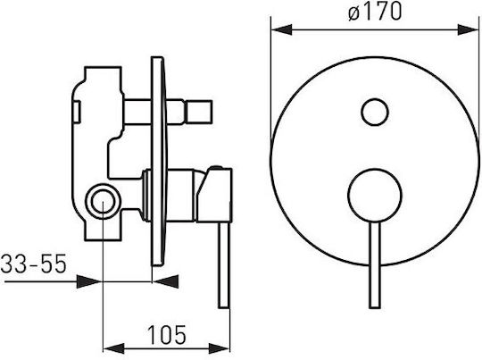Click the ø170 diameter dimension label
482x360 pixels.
click(x=375, y=13)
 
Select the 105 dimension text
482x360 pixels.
click(x=167, y=335)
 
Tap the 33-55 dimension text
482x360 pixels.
click(x=34, y=264)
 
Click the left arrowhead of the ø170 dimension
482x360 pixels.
click(x=281, y=29)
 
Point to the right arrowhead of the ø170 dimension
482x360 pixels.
click(x=468, y=29)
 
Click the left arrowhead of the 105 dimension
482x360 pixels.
click(x=113, y=348)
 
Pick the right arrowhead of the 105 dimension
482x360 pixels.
click(x=219, y=348)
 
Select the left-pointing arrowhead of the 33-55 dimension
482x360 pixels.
click(x=166, y=281)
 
